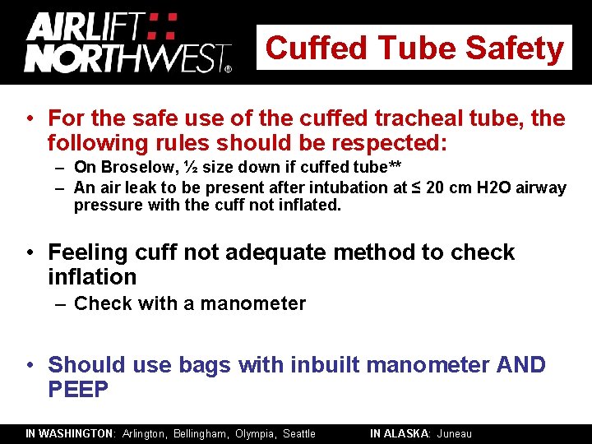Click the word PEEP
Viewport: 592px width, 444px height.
(78, 389)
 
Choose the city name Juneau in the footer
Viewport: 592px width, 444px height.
(455, 433)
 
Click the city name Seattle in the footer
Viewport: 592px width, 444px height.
(299, 433)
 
